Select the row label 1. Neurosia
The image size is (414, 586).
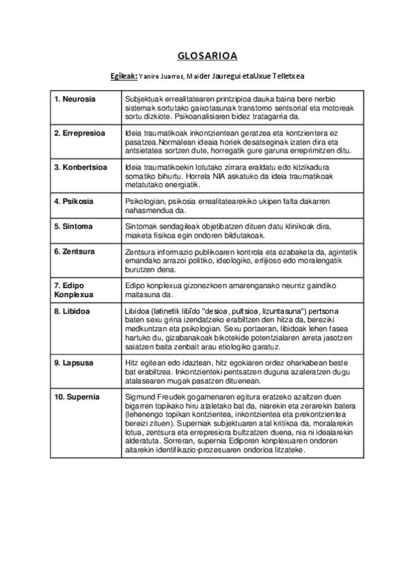pyautogui.click(x=75, y=100)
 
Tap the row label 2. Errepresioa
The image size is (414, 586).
pyautogui.click(x=79, y=132)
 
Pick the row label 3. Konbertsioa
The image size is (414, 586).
pyautogui.click(x=81, y=167)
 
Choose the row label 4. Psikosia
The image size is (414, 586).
pyautogui.click(x=74, y=201)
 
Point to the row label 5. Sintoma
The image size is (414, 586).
pyautogui.click(x=73, y=226)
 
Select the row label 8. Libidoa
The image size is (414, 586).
pyautogui.click(x=73, y=311)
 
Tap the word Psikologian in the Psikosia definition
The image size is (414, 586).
pyautogui.click(x=146, y=201)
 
